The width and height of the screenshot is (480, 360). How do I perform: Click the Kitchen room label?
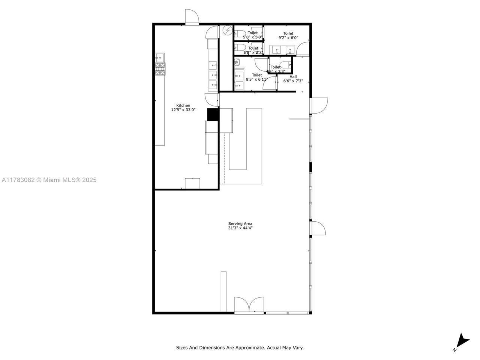point(183,105)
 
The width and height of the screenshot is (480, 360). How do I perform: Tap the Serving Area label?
point(240,223)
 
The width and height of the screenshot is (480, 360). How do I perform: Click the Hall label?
point(293,76)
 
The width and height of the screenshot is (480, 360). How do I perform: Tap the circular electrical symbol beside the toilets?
point(227,30)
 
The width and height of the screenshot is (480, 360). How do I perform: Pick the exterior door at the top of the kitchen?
point(192,17)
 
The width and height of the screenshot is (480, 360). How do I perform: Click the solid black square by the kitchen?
point(213,114)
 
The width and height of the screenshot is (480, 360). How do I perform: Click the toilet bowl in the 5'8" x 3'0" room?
point(240,33)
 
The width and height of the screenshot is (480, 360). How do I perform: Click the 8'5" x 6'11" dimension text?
point(257,79)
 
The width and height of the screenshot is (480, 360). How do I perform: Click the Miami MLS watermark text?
point(49,180)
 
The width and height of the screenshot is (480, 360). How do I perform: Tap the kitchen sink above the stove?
point(159,57)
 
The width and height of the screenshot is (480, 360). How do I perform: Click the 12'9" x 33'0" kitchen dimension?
point(183,110)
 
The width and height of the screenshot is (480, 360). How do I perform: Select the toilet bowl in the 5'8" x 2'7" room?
point(240,47)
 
